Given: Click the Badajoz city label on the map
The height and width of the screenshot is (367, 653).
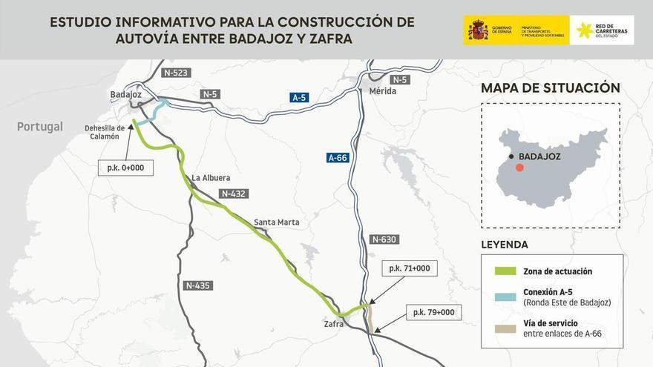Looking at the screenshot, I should coord(125,94).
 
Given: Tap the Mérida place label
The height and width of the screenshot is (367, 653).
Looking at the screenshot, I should coord(382,91).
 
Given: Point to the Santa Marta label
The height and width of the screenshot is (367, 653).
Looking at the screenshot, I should coord(277,222).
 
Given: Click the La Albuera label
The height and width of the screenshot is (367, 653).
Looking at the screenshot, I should coord(211,178).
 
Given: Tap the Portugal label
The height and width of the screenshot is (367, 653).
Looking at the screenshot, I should coord(40,127).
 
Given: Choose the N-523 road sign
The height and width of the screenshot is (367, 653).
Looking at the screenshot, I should coord(176,73).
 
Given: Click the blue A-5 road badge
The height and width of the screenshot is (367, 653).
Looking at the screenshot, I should coord(299,97).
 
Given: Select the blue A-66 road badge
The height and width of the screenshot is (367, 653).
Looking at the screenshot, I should coord(338,158).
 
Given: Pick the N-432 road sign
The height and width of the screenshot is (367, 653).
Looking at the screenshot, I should coord(233,194).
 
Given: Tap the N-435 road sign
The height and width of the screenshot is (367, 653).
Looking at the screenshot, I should coord(198,285).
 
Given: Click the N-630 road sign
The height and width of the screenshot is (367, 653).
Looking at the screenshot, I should coord(384,239).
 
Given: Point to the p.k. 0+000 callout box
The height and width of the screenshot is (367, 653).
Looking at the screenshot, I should coord(125,168).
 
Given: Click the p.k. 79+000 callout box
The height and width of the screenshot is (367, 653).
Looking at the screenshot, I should coord(433,312).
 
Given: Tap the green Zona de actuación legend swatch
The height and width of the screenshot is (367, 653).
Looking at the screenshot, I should coord(505,271).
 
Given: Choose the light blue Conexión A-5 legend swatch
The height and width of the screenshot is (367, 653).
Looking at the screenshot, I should coord(505,297).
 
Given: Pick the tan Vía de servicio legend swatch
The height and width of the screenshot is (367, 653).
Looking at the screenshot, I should coord(505,328).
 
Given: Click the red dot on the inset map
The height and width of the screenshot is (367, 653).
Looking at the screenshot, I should coord(519,168).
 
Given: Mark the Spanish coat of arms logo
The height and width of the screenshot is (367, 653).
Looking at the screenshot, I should coord(478,30).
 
